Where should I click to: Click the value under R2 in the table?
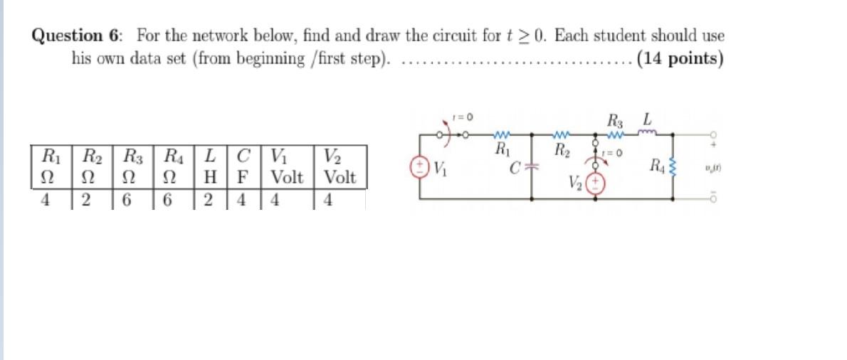pyautogui.click(x=85, y=200)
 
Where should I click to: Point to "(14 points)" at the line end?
pyautogui.click(x=680, y=58)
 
